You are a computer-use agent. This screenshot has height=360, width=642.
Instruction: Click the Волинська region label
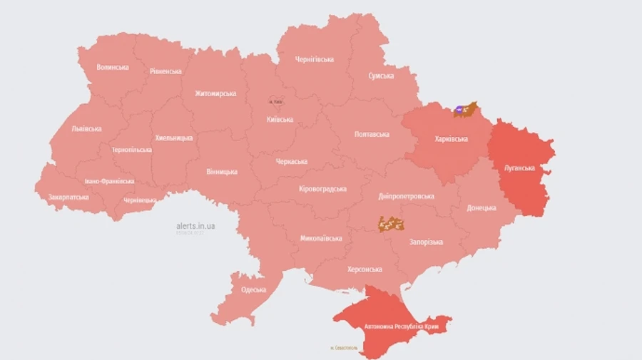click(x=113, y=67)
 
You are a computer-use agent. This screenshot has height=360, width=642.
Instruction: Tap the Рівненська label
click(x=165, y=71)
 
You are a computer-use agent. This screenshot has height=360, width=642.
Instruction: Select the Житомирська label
click(x=215, y=93)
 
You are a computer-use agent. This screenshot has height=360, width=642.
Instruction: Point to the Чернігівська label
click(x=315, y=59)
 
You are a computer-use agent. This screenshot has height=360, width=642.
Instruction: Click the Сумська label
click(x=382, y=76)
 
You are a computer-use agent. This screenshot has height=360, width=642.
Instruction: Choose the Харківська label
click(x=451, y=139)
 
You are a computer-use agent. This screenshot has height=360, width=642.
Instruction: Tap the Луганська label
click(x=519, y=168)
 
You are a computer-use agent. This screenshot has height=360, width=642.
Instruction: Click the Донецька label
click(x=481, y=208)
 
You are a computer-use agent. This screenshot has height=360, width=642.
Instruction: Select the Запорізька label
click(x=426, y=242)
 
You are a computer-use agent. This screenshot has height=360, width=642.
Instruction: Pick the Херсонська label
click(x=365, y=269)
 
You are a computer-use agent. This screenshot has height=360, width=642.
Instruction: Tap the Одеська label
click(x=253, y=289)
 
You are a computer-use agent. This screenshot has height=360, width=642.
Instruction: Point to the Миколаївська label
click(x=321, y=238)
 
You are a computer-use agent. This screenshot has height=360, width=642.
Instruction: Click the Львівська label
click(x=86, y=129)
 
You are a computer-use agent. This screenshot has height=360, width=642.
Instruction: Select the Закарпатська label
click(x=68, y=197)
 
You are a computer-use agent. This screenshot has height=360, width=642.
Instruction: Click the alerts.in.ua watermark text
click(x=196, y=226)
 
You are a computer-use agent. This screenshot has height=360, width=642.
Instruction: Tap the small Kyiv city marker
click(x=275, y=102)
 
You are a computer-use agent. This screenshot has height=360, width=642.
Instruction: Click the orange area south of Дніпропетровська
click(x=392, y=224)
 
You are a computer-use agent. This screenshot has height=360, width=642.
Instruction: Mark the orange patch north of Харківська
click(x=467, y=109)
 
